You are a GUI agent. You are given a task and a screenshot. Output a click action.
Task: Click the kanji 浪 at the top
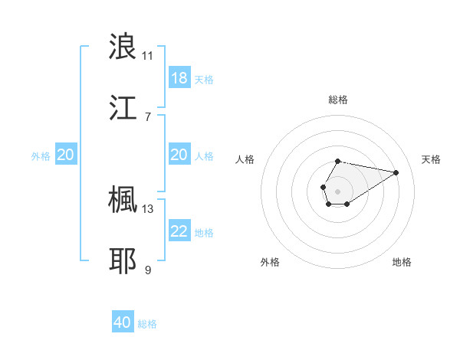123,46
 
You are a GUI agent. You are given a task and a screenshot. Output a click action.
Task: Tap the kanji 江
123,107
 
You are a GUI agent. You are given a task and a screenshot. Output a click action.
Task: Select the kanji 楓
123,199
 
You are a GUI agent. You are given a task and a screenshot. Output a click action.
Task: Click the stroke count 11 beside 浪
147,55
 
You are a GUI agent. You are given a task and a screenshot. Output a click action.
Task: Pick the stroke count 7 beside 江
147,116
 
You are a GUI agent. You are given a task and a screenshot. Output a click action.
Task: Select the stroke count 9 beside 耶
147,270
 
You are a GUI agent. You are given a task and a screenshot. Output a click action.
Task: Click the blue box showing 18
179,78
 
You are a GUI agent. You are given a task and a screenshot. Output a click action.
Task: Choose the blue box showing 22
179,231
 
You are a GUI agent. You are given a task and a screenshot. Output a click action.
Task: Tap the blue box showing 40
123,322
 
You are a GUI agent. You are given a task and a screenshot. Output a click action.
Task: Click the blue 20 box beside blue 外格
66,155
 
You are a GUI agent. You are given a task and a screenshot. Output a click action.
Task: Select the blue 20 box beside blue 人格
179,155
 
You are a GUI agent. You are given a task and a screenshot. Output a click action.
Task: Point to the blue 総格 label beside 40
147,324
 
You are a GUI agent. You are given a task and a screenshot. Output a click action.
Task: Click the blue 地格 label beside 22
204,232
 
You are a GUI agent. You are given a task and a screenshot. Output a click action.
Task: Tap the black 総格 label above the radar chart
337,100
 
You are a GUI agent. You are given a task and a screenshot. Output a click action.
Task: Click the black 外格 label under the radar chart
270,262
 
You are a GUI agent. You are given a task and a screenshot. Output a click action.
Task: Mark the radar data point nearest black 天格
396,172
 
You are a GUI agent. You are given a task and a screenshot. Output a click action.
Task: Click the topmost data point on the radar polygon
337,162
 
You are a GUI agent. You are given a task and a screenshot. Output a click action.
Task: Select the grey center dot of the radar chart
337,190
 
